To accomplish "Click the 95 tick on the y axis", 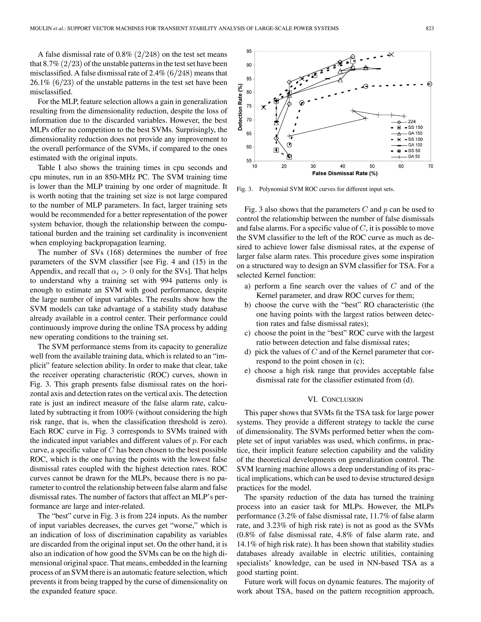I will coord(249,51).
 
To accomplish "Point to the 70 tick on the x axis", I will coord(430,166).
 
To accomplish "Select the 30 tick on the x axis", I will coord(313,166).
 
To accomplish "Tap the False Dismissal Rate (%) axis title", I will coord(345,173).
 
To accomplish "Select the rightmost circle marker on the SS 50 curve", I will coord(430,84).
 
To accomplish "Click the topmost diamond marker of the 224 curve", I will coord(353,57).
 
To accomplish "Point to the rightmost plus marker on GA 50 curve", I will coord(404,116).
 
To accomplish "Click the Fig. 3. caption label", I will coord(244,189).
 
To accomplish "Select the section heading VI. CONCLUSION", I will coord(335,399).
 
